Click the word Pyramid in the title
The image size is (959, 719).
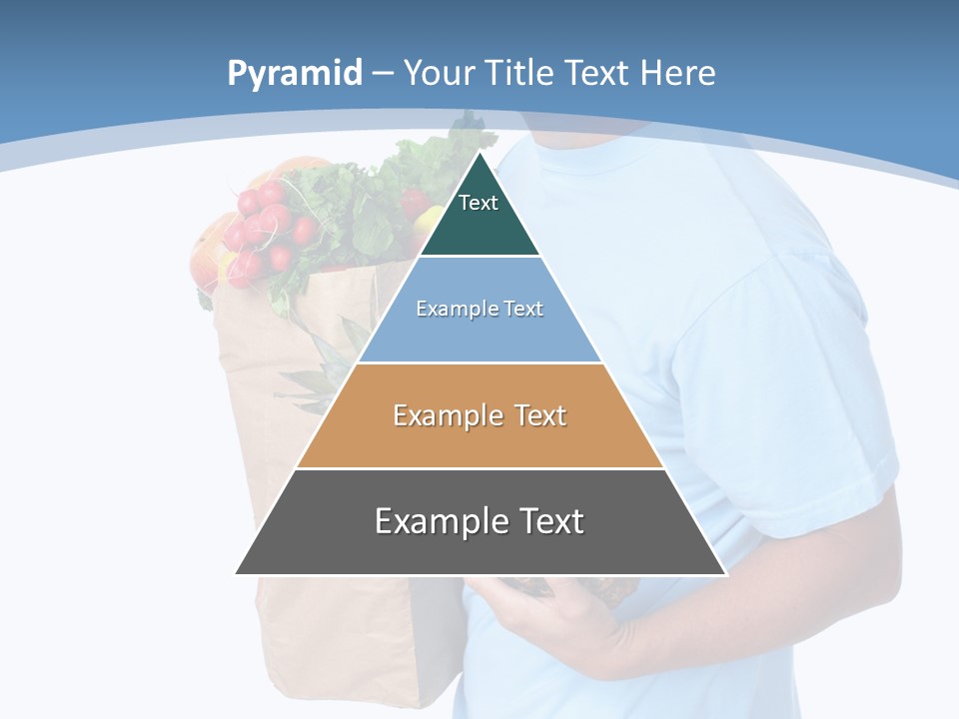[x=295, y=74]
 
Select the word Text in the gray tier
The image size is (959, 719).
[x=547, y=521]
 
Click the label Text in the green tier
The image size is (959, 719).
[x=479, y=203]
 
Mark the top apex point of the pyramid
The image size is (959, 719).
[x=479, y=153]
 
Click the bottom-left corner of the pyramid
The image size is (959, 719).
[x=236, y=574]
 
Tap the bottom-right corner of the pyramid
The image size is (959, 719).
[x=725, y=574]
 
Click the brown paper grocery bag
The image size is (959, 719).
[x=300, y=619]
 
